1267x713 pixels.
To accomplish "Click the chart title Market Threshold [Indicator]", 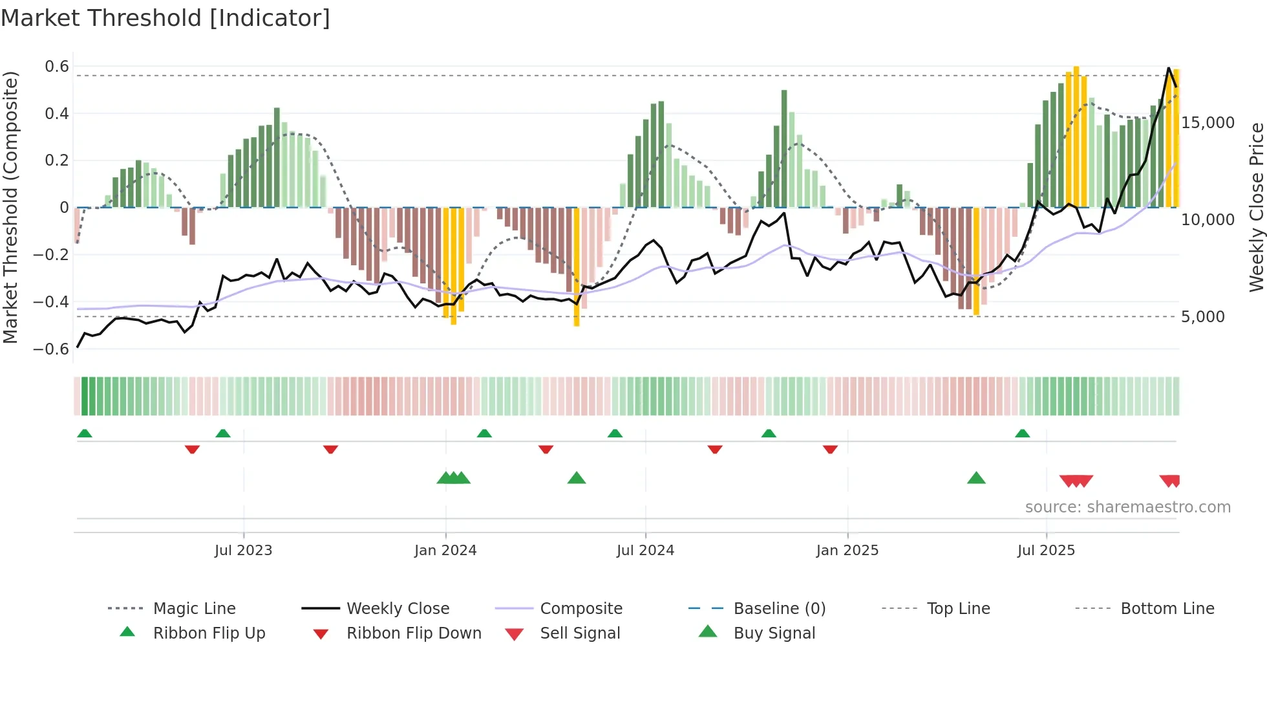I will [x=165, y=18].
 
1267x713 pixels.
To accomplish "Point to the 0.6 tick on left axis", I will [x=57, y=67].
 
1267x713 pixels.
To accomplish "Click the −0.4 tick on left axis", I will [x=51, y=302].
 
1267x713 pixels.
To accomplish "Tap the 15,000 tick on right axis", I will [x=1208, y=123].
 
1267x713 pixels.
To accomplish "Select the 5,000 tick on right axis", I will [x=1202, y=317].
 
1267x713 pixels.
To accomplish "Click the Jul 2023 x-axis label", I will [x=243, y=551].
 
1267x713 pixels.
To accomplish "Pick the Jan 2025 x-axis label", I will [x=847, y=551].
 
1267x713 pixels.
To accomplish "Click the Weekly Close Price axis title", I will [x=1256, y=207].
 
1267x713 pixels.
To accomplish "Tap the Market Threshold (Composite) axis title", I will [x=10, y=207].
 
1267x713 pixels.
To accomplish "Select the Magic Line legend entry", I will [x=194, y=609].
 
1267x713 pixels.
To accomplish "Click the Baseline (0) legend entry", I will [x=779, y=609].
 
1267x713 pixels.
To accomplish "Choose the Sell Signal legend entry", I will [x=579, y=633].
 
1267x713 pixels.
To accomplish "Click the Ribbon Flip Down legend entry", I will [x=414, y=633].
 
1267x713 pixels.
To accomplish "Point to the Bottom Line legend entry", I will [x=1167, y=609].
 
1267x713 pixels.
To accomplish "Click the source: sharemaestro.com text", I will [x=1127, y=507].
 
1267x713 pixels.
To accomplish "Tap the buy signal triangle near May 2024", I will [x=576, y=479].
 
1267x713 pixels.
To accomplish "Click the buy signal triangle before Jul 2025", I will [x=976, y=479].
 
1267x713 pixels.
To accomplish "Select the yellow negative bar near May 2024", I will [x=577, y=265].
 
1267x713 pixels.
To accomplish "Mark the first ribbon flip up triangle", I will [x=85, y=433].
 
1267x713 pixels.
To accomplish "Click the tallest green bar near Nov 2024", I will [x=784, y=149].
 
